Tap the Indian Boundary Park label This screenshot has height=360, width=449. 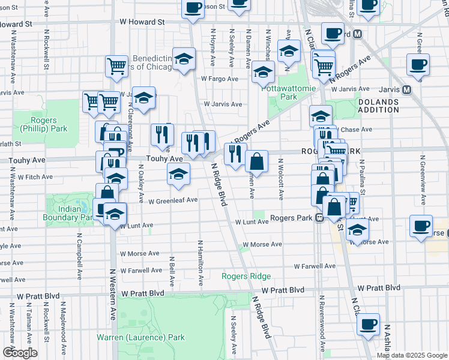coord(70,212)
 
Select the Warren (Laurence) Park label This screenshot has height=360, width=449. coord(140,337)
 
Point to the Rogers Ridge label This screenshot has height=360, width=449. coord(246,276)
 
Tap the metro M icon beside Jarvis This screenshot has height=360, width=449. coord(406,90)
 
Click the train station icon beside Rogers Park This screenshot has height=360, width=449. coord(319,218)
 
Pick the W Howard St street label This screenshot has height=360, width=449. coord(142,21)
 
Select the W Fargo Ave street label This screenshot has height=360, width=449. coord(220,79)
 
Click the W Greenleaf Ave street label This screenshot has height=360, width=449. coord(173,200)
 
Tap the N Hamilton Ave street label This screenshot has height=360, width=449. coord(200,263)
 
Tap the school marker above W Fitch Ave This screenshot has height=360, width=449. coord(178,175)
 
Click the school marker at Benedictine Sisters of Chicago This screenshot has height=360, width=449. coord(184,59)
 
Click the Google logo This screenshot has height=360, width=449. coord(19,353)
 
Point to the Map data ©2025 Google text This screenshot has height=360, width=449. coord(411,355)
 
